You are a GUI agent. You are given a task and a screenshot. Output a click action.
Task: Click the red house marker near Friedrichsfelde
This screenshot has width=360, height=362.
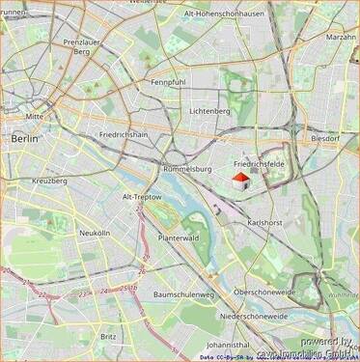click(240, 179)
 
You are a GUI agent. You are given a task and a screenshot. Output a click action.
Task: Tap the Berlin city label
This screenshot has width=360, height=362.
click(25, 139)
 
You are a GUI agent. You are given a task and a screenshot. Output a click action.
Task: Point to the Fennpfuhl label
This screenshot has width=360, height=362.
click(168, 82)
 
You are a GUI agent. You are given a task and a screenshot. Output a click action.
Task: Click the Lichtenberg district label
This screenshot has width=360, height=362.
click(209, 111)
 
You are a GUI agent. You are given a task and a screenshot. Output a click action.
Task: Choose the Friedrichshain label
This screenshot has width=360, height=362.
click(125, 135)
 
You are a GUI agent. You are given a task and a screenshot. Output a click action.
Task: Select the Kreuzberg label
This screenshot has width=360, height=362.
click(49, 181)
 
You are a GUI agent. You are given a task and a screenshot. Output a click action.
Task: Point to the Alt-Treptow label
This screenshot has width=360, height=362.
click(142, 196)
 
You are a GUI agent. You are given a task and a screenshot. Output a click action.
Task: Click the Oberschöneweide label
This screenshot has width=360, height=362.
click(263, 291)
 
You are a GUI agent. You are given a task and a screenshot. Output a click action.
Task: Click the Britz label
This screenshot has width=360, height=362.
click(108, 336)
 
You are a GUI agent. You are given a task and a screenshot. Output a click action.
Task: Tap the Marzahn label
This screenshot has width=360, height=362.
click(341, 37)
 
